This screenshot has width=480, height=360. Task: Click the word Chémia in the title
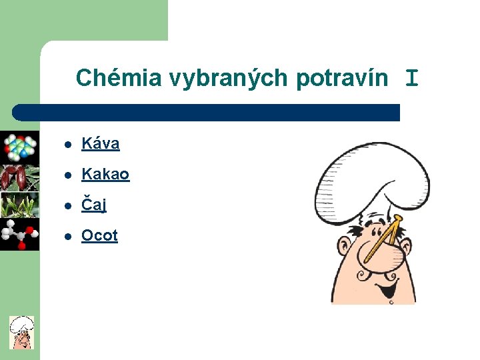tap(118, 79)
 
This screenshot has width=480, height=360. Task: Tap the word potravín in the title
tap(341, 79)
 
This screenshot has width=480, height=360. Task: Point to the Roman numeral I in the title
tap(412, 79)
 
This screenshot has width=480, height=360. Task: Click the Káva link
tap(100, 143)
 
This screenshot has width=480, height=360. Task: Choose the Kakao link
tap(105, 174)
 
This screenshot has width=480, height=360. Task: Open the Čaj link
tap(93, 205)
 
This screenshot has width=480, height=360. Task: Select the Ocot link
tap(99, 235)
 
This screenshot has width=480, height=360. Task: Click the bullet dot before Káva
tap(68, 144)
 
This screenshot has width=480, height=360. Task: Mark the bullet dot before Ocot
tap(68, 236)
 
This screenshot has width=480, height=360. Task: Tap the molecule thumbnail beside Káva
tap(19, 146)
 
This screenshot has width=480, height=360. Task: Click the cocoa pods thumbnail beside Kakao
tap(19, 177)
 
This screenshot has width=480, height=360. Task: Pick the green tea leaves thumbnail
tap(19, 205)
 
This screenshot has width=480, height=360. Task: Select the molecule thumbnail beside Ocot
tap(19, 234)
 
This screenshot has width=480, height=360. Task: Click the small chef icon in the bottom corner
tap(21, 332)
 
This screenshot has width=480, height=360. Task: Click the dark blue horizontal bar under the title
tap(207, 112)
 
